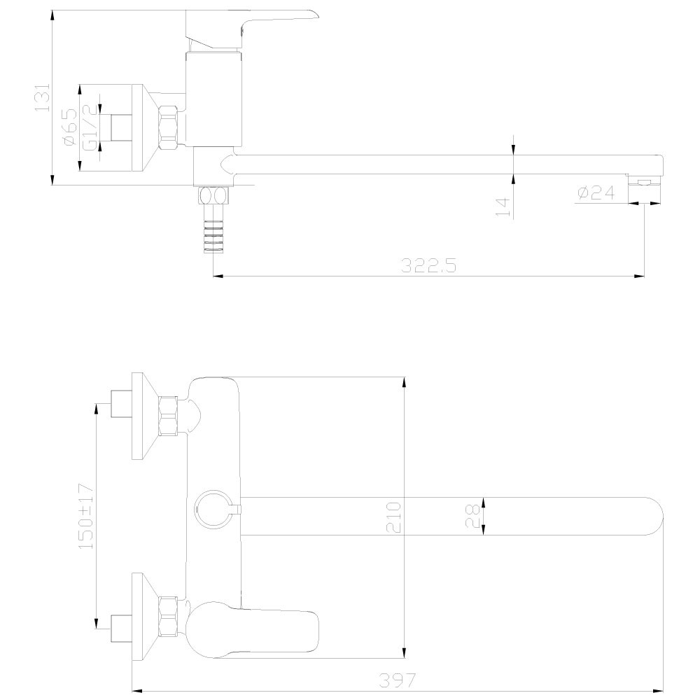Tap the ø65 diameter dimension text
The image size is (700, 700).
tap(71, 127)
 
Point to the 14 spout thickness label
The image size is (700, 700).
tap(503, 207)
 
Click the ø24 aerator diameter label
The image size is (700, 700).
tap(596, 193)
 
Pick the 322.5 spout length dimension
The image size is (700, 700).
tap(428, 265)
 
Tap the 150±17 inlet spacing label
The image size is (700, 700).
tap(86, 516)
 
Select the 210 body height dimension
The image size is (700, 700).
tap(393, 517)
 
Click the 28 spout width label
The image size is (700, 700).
tap(472, 516)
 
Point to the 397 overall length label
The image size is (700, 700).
tap(397, 680)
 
